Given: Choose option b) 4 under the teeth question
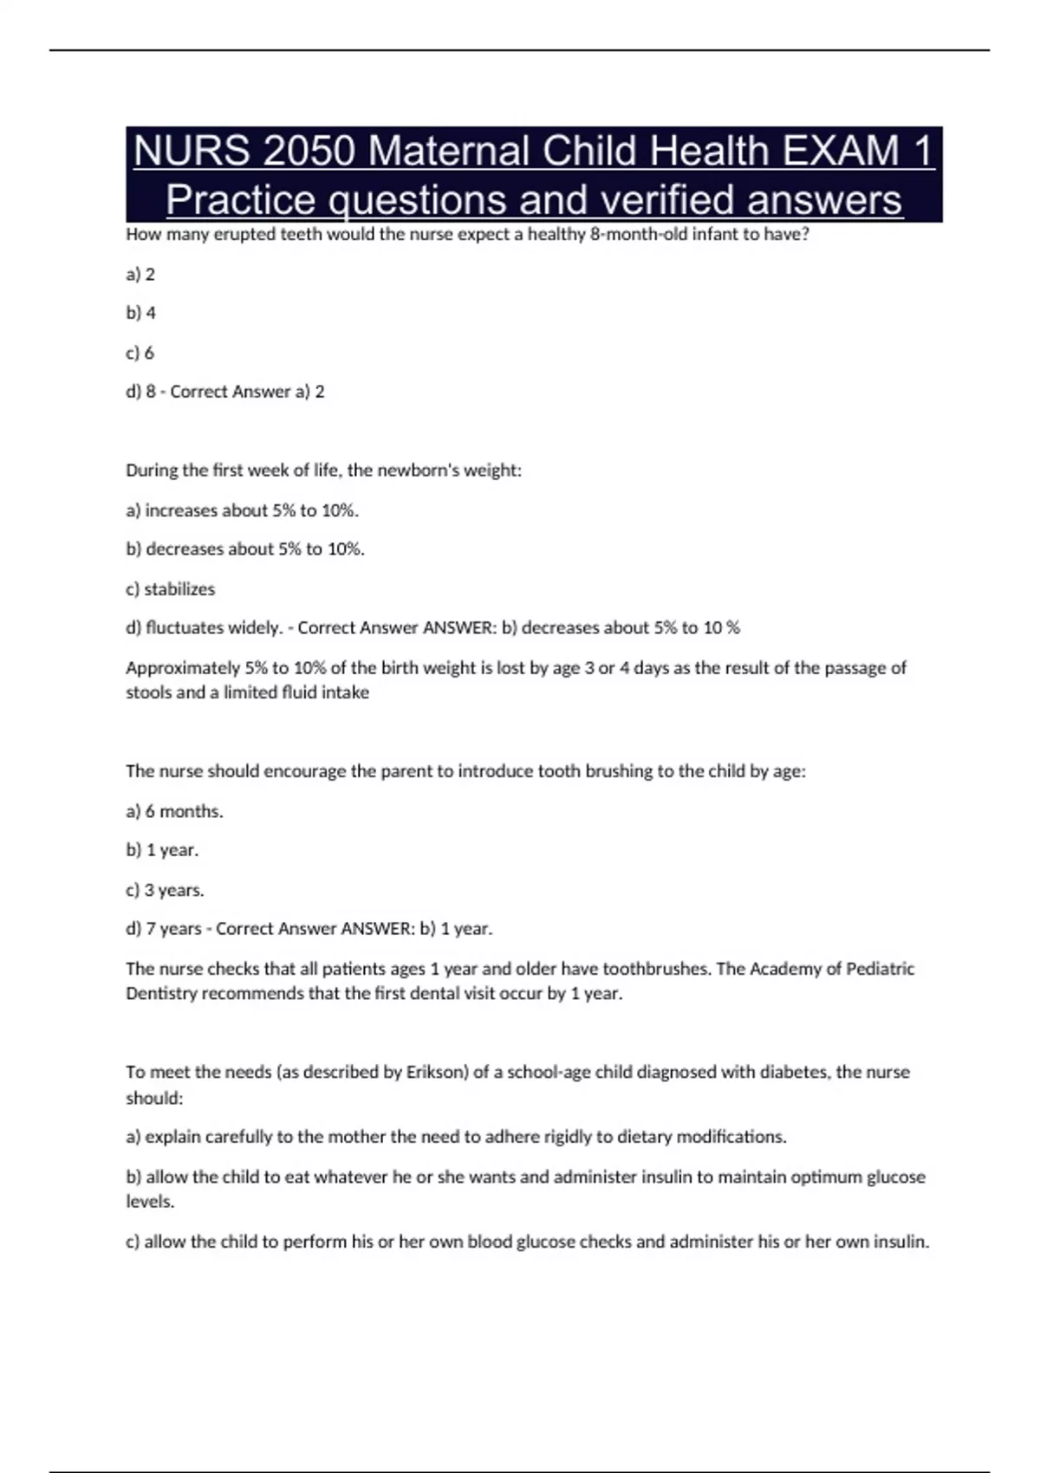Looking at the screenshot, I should (x=141, y=313).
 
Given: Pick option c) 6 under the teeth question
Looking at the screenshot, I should (x=140, y=353).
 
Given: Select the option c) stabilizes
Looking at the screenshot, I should (x=171, y=589).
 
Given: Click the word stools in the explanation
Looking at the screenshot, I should (x=147, y=692).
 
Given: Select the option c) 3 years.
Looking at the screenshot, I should (x=166, y=890).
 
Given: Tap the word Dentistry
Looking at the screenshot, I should (x=161, y=994).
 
